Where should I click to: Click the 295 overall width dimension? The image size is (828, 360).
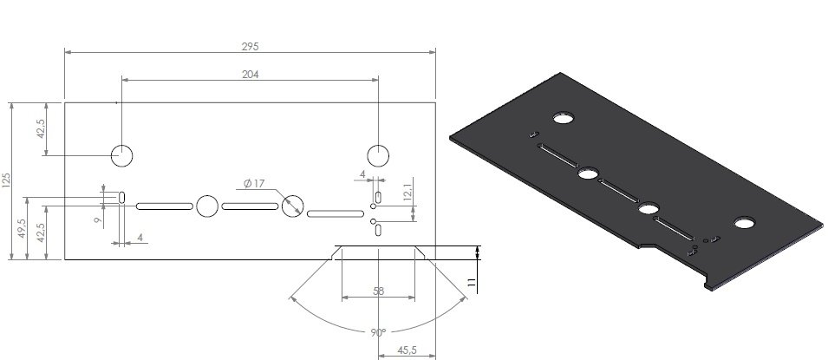click(251, 44)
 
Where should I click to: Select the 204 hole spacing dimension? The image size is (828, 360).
click(251, 75)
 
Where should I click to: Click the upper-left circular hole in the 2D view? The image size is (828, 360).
click(121, 155)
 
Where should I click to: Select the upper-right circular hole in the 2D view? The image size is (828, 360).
click(378, 155)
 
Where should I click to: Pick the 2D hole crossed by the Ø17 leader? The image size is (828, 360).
click(292, 206)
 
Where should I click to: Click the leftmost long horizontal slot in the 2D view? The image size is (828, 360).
click(164, 206)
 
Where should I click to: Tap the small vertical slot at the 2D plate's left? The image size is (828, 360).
click(122, 197)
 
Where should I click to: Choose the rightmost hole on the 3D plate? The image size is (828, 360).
click(744, 224)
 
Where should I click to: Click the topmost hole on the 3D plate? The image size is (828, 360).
click(566, 117)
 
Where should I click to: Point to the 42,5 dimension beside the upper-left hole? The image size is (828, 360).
click(41, 128)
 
